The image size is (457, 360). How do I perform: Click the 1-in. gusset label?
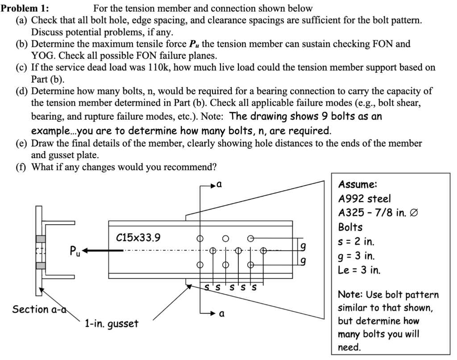(x=112, y=323)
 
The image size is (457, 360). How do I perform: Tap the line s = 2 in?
(x=357, y=242)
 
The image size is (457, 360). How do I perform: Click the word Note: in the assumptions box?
(x=352, y=295)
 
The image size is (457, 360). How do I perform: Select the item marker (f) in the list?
(x=23, y=167)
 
